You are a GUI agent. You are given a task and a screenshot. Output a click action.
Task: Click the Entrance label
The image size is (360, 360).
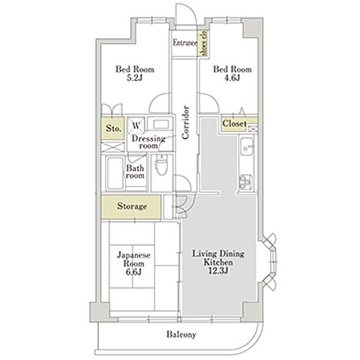click(x=184, y=43)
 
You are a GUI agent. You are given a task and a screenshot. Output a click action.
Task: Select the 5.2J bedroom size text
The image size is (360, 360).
click(x=134, y=78)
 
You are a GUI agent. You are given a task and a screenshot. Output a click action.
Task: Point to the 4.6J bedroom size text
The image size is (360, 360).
click(x=232, y=78)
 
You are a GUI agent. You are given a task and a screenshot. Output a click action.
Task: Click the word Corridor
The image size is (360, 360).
click(x=185, y=122)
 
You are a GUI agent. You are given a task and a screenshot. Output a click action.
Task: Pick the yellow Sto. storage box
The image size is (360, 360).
click(x=112, y=128)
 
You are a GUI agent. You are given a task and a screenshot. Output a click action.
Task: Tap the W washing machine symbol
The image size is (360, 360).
click(x=136, y=125)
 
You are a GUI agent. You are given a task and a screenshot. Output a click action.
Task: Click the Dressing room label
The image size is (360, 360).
click(x=148, y=142)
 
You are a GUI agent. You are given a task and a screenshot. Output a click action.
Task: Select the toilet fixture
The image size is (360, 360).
click(x=160, y=164)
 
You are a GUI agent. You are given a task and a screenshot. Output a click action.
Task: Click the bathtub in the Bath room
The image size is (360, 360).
click(x=115, y=172)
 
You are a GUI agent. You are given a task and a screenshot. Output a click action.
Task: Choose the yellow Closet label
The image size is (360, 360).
click(x=234, y=124)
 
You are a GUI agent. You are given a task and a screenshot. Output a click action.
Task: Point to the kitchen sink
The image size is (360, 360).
click(x=247, y=147)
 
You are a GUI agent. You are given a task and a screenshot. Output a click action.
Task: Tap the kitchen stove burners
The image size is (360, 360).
click(x=246, y=182)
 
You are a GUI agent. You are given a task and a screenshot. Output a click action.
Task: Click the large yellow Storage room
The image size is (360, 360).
click(x=131, y=207)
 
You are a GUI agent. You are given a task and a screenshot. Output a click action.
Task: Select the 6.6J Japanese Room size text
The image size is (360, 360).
click(x=133, y=271)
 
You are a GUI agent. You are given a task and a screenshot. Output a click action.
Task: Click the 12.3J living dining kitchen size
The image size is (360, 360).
click(x=219, y=270)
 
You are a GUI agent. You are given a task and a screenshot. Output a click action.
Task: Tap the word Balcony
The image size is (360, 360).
click(x=181, y=334)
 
